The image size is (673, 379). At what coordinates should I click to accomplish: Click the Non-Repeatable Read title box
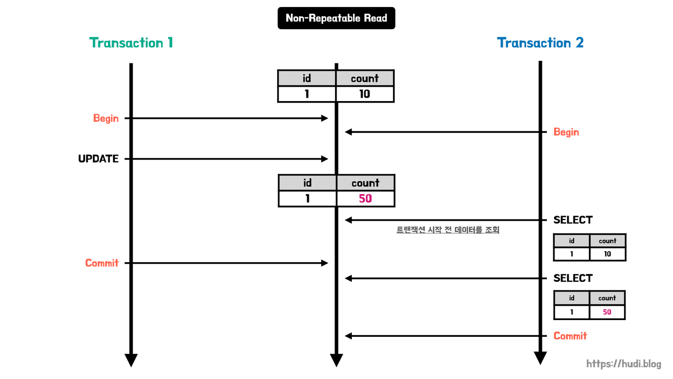tap(336, 18)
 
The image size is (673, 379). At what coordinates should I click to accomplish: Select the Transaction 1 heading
tap(131, 43)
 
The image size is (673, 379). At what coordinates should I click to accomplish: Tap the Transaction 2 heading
tap(540, 43)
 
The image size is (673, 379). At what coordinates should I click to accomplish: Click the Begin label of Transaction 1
tap(106, 118)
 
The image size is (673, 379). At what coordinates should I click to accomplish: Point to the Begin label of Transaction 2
tap(566, 132)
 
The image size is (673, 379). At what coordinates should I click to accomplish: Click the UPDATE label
tap(98, 159)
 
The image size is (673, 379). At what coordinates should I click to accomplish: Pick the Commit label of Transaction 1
tap(102, 263)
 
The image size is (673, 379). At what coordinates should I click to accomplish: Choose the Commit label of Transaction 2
tap(570, 336)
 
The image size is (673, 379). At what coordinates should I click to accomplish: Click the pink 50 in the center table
tap(365, 199)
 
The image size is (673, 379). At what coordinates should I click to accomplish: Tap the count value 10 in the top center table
tap(365, 94)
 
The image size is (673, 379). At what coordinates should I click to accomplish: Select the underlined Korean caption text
tap(448, 230)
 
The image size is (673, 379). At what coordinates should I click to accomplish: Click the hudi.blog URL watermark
tap(624, 364)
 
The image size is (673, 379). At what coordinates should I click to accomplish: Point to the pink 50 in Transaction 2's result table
tap(607, 312)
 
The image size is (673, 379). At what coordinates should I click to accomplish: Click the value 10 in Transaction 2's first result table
tap(607, 254)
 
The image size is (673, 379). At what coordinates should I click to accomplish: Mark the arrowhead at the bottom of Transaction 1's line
tap(131, 361)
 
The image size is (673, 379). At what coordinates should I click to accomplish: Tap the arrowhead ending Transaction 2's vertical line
tap(540, 358)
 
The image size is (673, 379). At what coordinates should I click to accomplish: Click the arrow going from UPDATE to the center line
tap(228, 159)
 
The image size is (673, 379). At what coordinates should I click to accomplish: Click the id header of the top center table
tap(307, 78)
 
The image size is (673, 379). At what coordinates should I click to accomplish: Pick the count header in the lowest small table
tap(607, 298)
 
